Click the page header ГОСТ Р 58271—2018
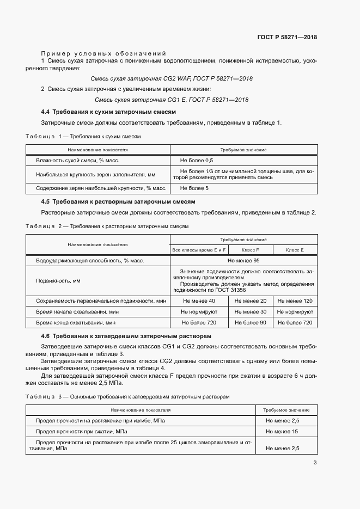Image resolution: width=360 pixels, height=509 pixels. pyautogui.click(x=287, y=38)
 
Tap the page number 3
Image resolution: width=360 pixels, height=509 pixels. pyautogui.click(x=315, y=463)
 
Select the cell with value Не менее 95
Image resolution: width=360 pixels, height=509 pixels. pyautogui.click(x=243, y=261)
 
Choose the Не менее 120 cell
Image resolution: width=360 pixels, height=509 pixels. pyautogui.click(x=294, y=301)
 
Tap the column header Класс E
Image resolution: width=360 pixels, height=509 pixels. pyautogui.click(x=294, y=250)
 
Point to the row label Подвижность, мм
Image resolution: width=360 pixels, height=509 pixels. pyautogui.click(x=58, y=281)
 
